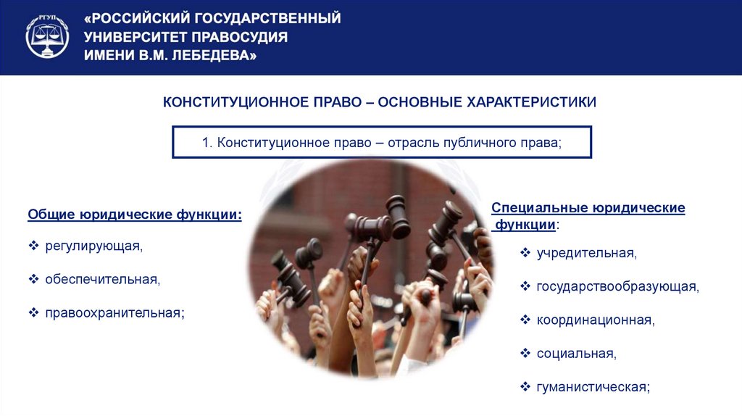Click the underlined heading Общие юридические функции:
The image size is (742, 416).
tap(135, 215)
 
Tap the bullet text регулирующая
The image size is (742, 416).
tap(93, 246)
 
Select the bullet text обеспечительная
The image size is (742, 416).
tap(101, 279)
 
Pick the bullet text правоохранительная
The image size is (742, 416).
tap(114, 312)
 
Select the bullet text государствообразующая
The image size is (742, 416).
tap(617, 286)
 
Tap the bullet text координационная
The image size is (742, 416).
tap(595, 320)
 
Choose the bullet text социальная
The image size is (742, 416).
tap(576, 353)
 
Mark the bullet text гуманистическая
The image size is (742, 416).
tap(593, 386)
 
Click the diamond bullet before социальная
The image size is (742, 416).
tap(525, 353)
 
